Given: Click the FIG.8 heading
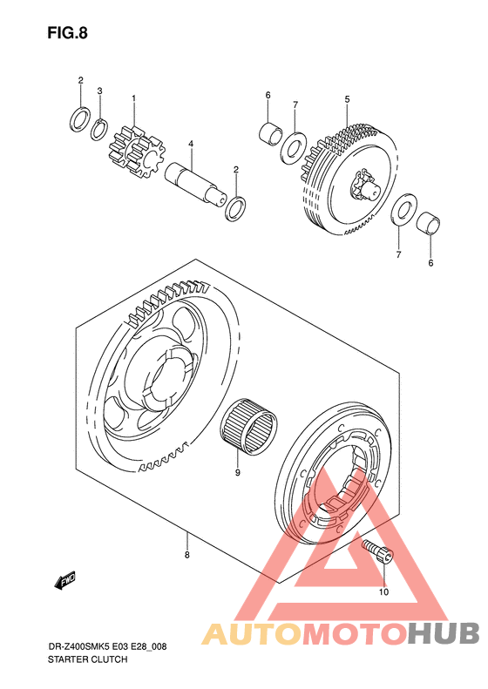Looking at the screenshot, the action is [x=68, y=33].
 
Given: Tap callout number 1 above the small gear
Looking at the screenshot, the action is [x=133, y=98].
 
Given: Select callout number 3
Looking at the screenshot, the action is [x=100, y=91].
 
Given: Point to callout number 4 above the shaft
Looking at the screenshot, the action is [x=191, y=144].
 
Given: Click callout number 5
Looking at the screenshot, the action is [x=348, y=99].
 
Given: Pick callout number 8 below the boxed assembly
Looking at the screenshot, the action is [x=186, y=555].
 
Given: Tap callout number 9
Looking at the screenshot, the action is [x=237, y=473].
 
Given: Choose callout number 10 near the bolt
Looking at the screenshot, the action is [x=383, y=592].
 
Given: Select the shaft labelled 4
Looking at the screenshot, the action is [x=196, y=183].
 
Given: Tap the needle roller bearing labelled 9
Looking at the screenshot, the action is [x=249, y=426].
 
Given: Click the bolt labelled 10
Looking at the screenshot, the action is [x=377, y=551].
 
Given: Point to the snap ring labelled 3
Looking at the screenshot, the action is [x=99, y=130].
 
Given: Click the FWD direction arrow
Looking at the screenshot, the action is [x=64, y=580].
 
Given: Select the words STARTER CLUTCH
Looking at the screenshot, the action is [x=87, y=659].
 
